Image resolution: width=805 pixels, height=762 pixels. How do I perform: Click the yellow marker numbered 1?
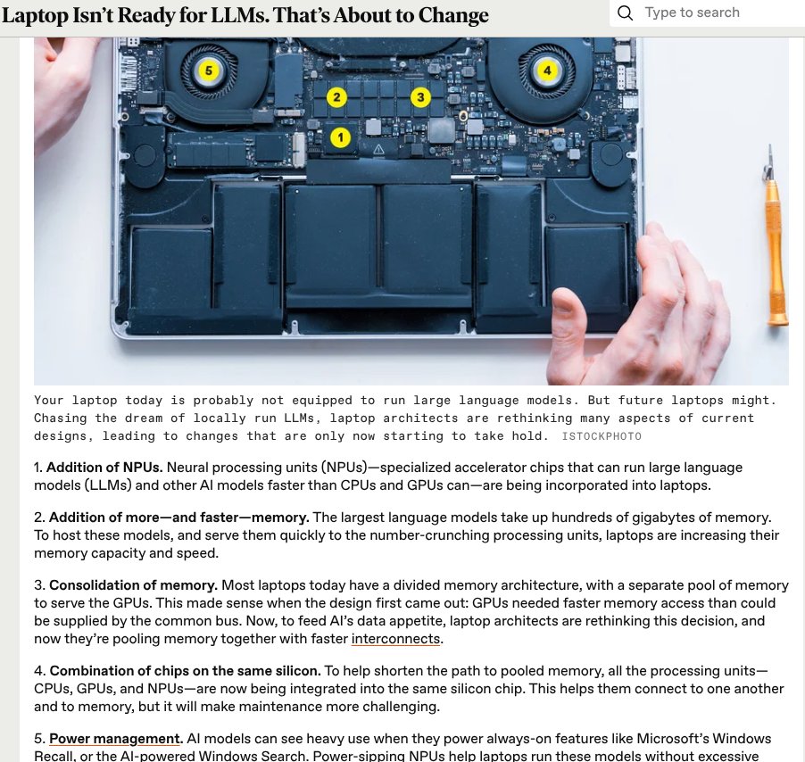(x=340, y=137)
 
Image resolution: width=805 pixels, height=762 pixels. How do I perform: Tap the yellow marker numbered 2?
(x=336, y=97)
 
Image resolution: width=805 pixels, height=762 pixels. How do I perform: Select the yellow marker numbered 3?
(x=420, y=97)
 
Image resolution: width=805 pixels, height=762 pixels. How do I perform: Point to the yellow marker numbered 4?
(x=546, y=70)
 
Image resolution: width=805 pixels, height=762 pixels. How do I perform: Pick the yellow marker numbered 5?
(x=208, y=70)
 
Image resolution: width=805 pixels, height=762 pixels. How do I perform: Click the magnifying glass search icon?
(x=626, y=12)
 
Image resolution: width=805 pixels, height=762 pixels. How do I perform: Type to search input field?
(x=714, y=12)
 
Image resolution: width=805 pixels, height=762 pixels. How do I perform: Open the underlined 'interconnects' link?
(x=396, y=639)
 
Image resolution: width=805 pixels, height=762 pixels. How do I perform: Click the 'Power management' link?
(x=114, y=739)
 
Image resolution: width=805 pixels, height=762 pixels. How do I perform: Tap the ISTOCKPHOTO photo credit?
(x=601, y=436)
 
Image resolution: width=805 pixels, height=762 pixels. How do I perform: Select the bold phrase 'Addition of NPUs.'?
(x=104, y=468)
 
